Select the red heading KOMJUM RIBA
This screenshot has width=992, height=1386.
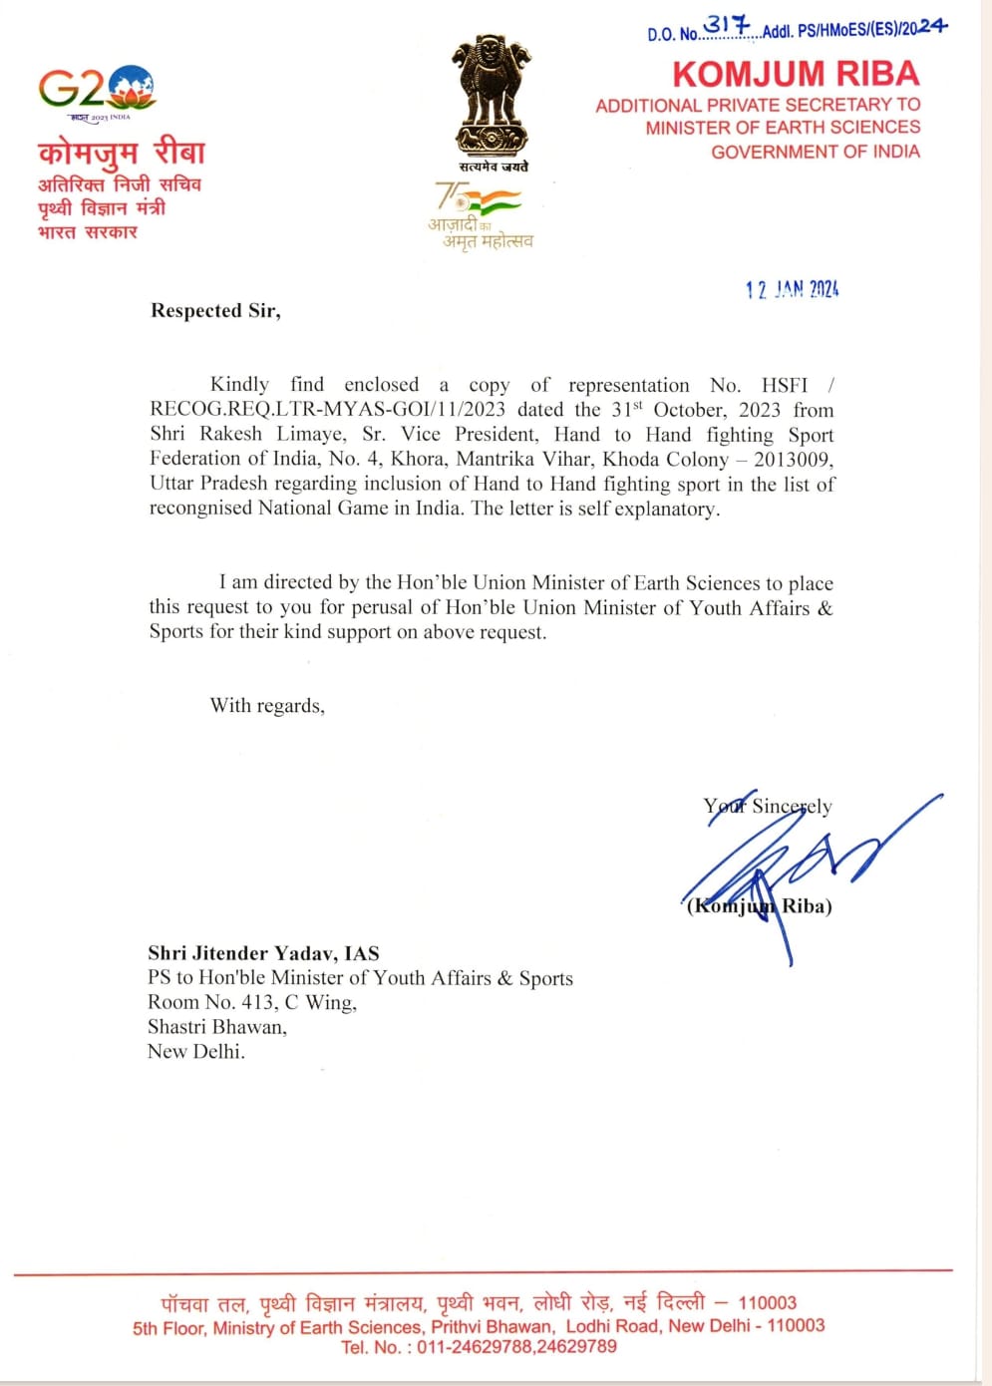(x=795, y=74)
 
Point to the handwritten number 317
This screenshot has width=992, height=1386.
(x=727, y=26)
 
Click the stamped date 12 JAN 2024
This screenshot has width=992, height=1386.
(x=792, y=289)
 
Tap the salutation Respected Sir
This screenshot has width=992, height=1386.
(x=215, y=310)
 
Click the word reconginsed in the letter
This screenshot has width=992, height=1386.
(x=200, y=508)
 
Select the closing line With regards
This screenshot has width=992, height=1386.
(x=267, y=706)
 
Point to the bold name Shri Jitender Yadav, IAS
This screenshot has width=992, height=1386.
(x=263, y=953)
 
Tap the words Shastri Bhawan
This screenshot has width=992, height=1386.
(x=216, y=1026)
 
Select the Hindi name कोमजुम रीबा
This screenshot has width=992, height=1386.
(x=121, y=153)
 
